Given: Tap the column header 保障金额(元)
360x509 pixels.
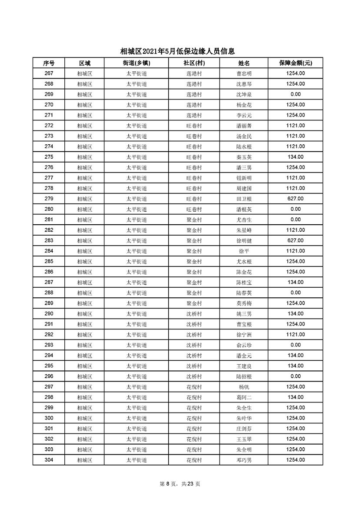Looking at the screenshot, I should tap(295, 63).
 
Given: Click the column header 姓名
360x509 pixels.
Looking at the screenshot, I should tap(244, 63).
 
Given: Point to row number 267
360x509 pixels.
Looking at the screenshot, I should tap(49, 73).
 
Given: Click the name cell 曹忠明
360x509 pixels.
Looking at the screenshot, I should tap(244, 73).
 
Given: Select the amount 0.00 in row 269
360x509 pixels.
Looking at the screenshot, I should tap(295, 94).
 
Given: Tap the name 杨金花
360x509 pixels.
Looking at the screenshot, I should tap(244, 105).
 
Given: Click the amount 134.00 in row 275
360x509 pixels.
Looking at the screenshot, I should tap(295, 157).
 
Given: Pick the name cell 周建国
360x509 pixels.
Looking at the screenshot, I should tap(244, 188).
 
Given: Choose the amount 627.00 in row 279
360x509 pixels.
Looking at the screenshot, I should tap(295, 199).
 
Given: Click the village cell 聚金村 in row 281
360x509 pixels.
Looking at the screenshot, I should tap(194, 220).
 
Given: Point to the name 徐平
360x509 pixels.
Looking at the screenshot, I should tap(244, 251).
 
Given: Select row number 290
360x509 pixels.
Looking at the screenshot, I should tap(49, 313).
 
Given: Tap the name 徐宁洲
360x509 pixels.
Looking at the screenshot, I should tap(244, 335).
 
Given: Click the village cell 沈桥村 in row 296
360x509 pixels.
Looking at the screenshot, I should tap(194, 376).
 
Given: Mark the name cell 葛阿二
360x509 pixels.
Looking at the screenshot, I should tap(244, 397).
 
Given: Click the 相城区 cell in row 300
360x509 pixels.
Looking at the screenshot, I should tap(85, 418).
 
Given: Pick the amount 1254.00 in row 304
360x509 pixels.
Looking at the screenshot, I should tap(295, 460).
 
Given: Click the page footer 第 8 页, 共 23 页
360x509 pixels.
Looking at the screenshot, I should tap(180, 484).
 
